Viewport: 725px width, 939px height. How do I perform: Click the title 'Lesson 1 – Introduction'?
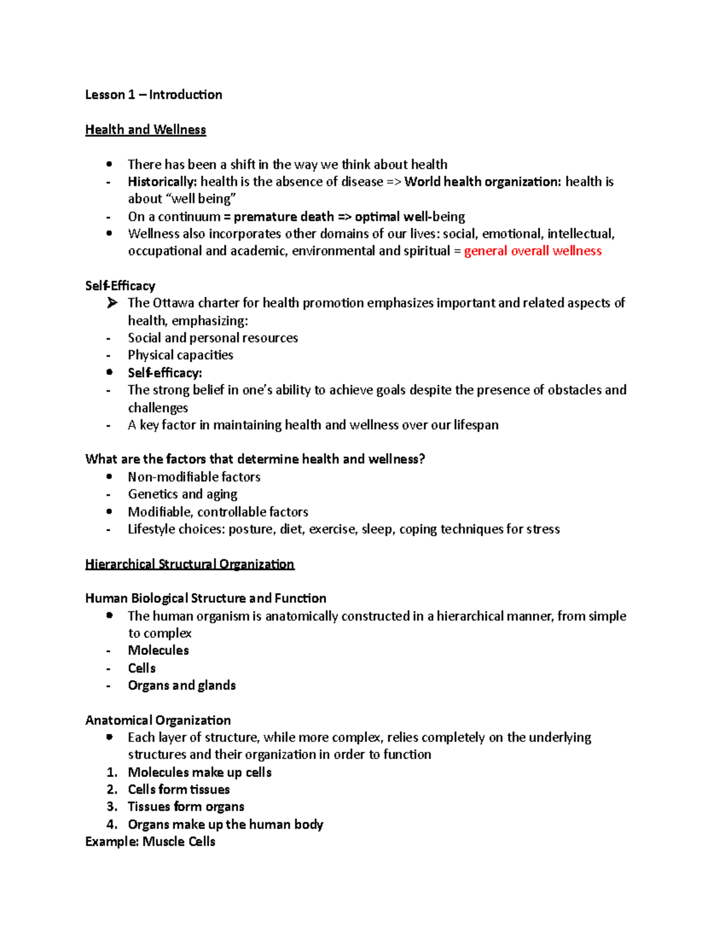pyautogui.click(x=153, y=95)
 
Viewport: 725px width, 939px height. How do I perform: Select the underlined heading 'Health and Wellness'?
pyautogui.click(x=146, y=130)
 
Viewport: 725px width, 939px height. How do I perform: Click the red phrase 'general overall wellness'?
pyautogui.click(x=532, y=251)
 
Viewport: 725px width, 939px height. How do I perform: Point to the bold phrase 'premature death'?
pyautogui.click(x=283, y=216)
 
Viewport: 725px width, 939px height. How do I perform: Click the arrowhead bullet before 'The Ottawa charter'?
pyautogui.click(x=112, y=303)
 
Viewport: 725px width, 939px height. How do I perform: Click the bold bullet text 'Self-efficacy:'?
pyautogui.click(x=164, y=373)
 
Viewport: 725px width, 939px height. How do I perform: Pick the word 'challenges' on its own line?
pyautogui.click(x=158, y=408)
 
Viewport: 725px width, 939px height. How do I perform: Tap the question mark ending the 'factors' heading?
pyautogui.click(x=422, y=460)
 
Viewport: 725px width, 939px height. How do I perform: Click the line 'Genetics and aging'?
pyautogui.click(x=182, y=495)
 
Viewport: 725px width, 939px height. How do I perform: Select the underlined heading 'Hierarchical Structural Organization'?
pyautogui.click(x=190, y=564)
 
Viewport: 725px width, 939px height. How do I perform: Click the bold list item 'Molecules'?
pyautogui.click(x=158, y=651)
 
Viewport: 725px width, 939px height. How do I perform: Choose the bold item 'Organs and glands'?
pyautogui.click(x=181, y=686)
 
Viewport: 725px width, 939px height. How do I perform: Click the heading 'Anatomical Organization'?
pyautogui.click(x=158, y=721)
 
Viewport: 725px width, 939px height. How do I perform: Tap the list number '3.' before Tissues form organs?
pyautogui.click(x=112, y=807)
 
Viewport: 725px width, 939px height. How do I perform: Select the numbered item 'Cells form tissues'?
pyautogui.click(x=179, y=790)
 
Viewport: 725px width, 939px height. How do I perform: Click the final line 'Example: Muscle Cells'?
pyautogui.click(x=150, y=842)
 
